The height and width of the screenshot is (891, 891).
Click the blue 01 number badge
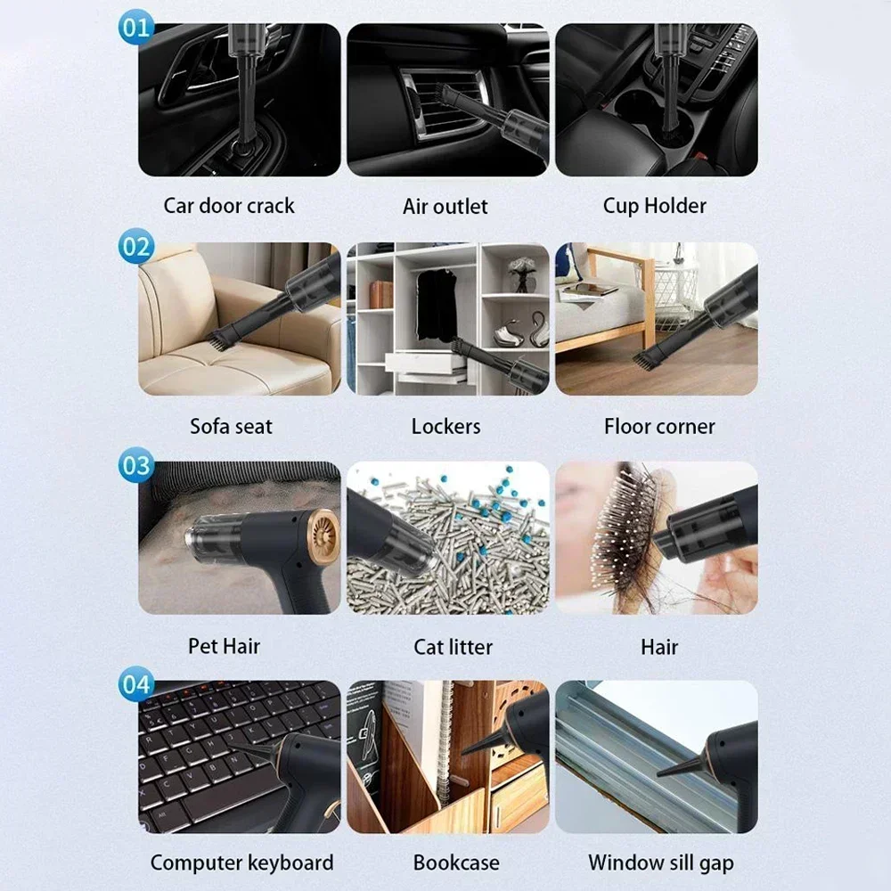point(135,27)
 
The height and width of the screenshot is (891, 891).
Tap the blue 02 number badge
point(135,246)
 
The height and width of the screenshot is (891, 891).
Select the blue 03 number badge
point(135,466)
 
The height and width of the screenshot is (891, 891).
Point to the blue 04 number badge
point(135,685)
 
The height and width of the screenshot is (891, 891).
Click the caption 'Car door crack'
point(229,206)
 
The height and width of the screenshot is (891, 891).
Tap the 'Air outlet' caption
point(445,207)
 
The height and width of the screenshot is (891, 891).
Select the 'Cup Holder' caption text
point(655,206)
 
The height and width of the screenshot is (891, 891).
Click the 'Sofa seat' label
point(231,426)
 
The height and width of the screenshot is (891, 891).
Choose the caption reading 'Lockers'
point(445,426)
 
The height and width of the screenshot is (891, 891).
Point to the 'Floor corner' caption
point(659,426)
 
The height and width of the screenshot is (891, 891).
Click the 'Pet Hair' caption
point(224,646)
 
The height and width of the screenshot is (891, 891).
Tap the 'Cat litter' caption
point(453,647)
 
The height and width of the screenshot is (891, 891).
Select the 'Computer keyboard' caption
point(241,862)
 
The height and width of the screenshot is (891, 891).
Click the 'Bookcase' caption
point(456,862)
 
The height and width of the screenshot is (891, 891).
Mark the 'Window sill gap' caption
point(661,862)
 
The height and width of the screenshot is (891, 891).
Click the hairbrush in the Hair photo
point(624,535)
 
